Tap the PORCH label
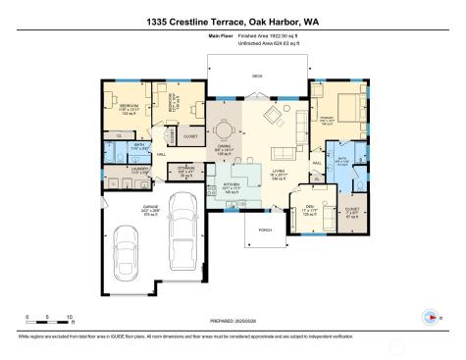click(264, 230)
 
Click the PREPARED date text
click(233, 320)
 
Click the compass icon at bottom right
click(429, 317)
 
